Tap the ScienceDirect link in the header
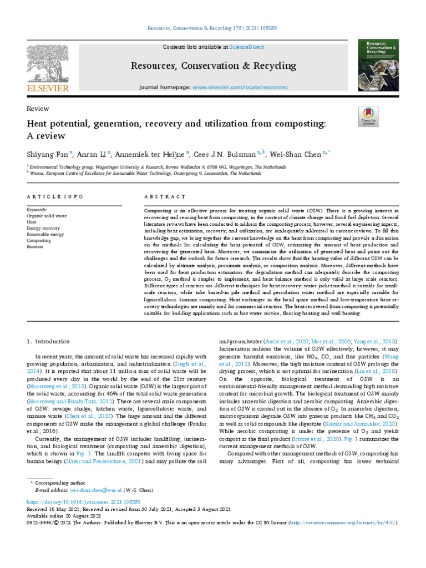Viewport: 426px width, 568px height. coord(247,48)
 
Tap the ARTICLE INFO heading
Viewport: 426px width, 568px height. coord(55,197)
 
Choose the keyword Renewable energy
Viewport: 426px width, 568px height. coord(45,235)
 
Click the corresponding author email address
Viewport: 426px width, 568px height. coord(88,490)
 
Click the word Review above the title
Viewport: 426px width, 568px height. coord(38,109)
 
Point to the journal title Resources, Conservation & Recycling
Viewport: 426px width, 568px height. coord(214,66)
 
